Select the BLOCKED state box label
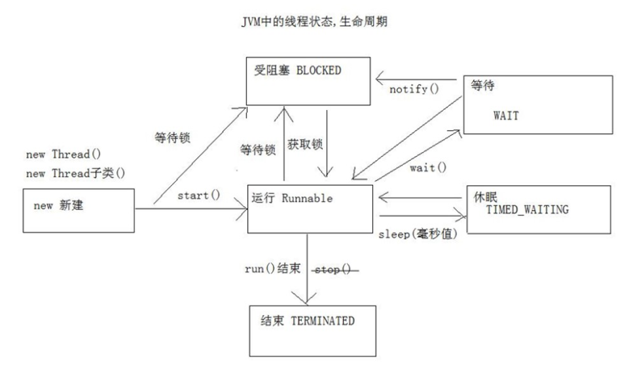coord(298,71)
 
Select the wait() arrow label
coord(428,167)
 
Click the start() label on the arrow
coord(198,196)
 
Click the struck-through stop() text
coord(336,270)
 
